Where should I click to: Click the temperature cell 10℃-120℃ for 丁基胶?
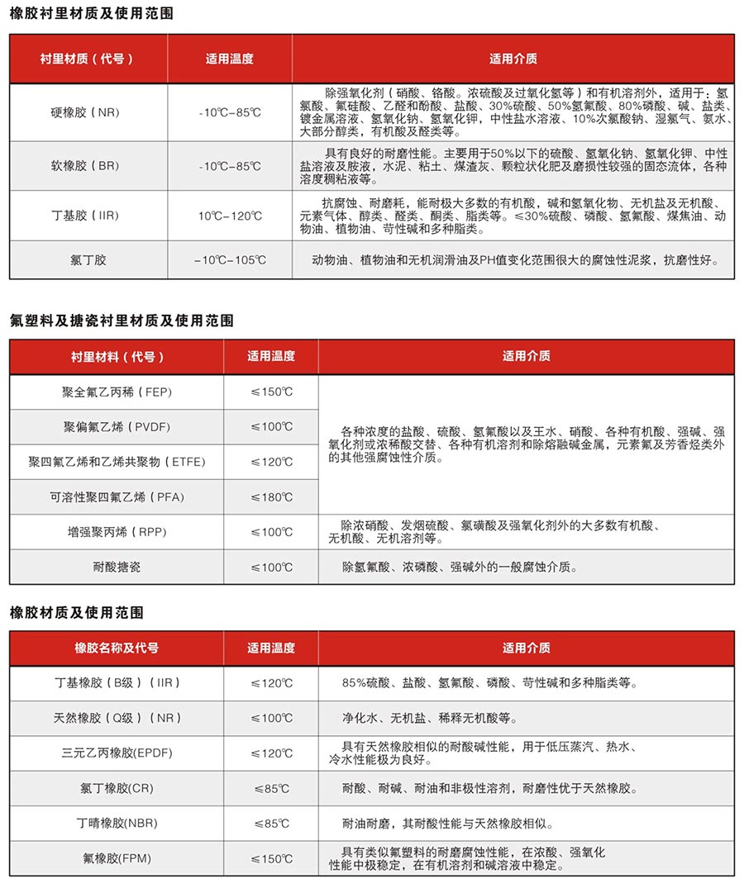pos(230,216)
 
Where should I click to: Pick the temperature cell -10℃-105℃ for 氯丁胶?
pos(230,260)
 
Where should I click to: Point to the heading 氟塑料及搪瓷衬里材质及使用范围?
pos(122,321)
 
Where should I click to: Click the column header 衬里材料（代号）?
pos(117,357)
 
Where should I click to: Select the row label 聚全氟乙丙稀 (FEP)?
pos(117,392)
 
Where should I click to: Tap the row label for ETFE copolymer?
pos(117,462)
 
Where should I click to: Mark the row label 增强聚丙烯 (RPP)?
pos(117,532)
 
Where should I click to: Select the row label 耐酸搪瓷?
pos(117,567)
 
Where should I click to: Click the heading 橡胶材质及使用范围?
pos(77,612)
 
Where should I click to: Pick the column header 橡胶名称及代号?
pos(117,648)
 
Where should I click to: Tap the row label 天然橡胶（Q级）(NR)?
pos(117,718)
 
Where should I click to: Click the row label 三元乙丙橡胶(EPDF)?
pos(117,753)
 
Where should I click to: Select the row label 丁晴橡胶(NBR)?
pos(117,824)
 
